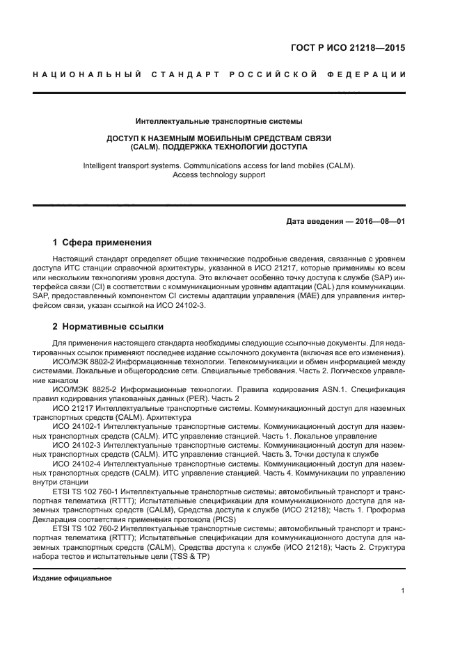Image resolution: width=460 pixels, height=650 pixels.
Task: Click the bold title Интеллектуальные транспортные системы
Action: click(x=219, y=122)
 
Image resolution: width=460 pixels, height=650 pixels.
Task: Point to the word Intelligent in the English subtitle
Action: click(x=104, y=166)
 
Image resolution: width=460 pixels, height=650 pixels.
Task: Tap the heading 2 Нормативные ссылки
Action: click(x=109, y=326)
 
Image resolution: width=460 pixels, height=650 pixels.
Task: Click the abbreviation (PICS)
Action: click(x=220, y=519)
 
